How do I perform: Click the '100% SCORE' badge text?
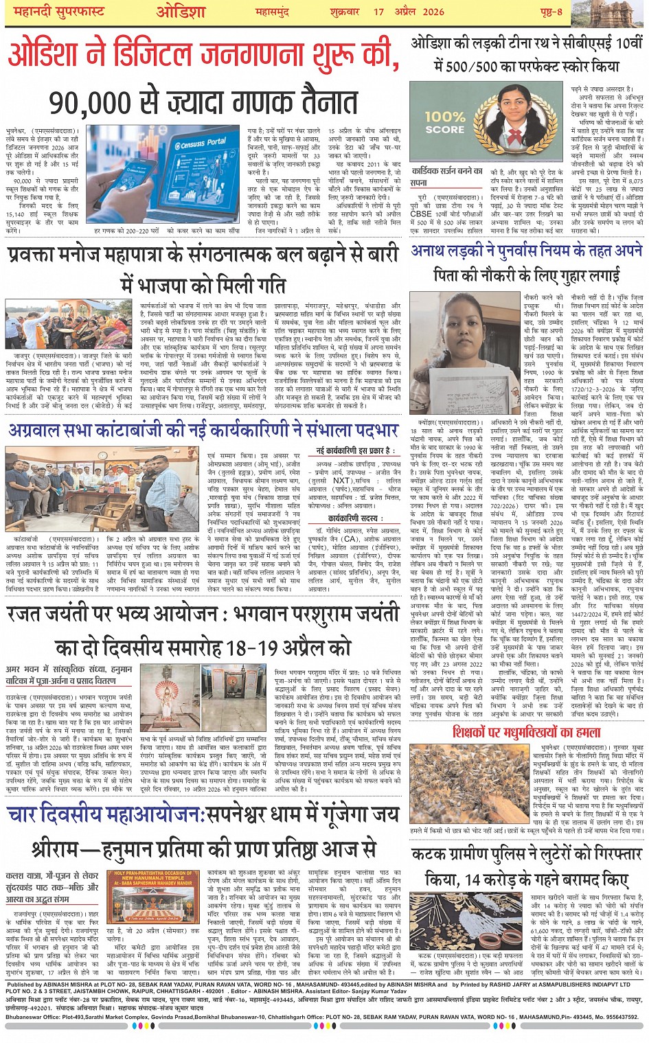[x=445, y=123]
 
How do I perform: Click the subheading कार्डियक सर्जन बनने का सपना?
[x=447, y=176]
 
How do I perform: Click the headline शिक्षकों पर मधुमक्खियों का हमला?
[x=526, y=732]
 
